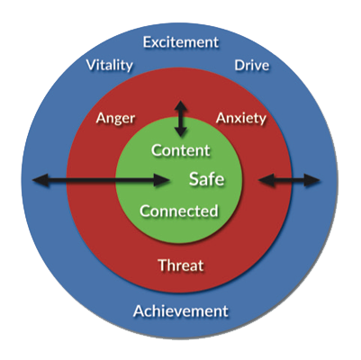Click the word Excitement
pos(181,42)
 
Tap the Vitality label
pos(110,66)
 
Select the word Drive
pos(252,66)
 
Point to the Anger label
pos(115,119)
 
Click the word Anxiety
pos(241,119)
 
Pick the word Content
pos(181,150)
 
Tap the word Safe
pos(207,179)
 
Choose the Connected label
pos(179,211)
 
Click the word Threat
pos(181,265)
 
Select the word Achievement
pos(181,311)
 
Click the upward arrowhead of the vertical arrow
pos(181,106)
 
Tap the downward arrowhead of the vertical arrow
pos(181,131)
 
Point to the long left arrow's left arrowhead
pos(41,181)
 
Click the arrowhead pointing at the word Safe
pos(162,181)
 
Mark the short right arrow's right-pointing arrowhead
pos(312,181)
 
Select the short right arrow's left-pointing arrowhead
pos(266,181)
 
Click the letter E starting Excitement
pos(147,42)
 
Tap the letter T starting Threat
pos(163,265)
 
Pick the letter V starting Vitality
pos(91,65)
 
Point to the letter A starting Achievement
pos(139,311)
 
